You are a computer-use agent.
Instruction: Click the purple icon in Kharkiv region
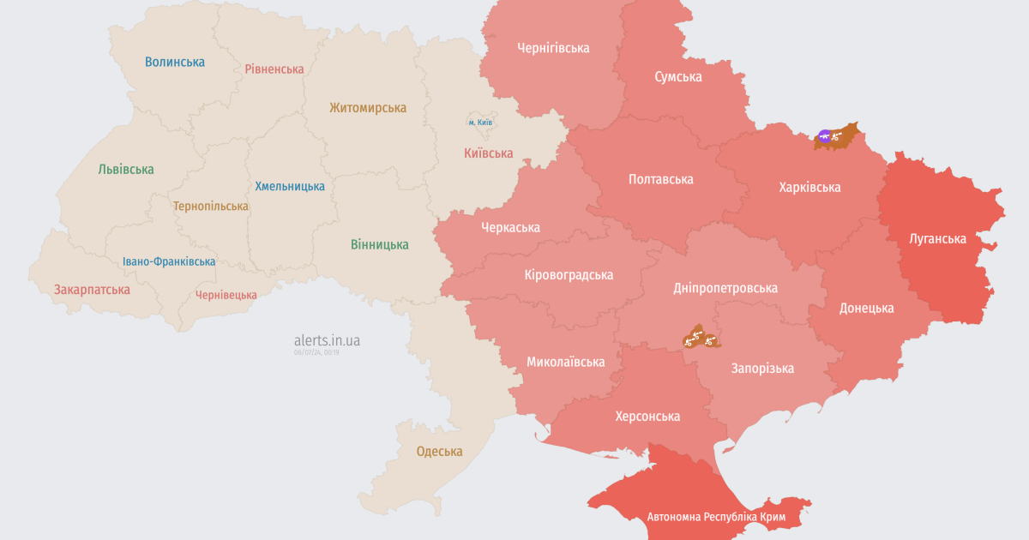pos(825,135)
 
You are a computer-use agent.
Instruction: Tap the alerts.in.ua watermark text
pos(327,340)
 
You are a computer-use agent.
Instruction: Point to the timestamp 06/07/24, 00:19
pos(316,352)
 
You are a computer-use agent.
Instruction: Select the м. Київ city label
pos(480,123)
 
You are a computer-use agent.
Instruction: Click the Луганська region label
pos(937,239)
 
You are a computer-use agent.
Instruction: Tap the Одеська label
pos(439,452)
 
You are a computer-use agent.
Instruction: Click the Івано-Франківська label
pos(169,261)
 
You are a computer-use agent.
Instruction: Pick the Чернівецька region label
pos(226,295)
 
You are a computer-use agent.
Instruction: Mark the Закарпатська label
pos(92,290)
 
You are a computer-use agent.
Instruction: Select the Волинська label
pos(175,62)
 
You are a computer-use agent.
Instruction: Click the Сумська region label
pos(678,77)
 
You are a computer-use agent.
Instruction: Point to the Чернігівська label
pos(553,48)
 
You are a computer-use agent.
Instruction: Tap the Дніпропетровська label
pos(726,288)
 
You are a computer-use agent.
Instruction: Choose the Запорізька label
pos(762,369)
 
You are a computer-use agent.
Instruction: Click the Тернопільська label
pos(210,207)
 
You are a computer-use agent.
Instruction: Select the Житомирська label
pos(368,108)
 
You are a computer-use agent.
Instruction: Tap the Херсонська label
pos(647,417)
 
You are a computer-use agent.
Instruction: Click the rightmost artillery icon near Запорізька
pos(710,340)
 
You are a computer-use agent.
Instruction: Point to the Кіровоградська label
pos(569,275)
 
